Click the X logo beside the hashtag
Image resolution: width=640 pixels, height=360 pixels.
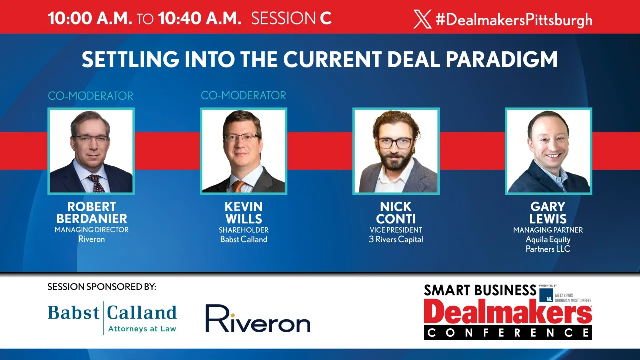422,19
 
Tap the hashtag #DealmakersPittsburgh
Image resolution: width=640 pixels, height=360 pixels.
514,20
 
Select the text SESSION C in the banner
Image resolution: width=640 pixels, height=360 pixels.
291,19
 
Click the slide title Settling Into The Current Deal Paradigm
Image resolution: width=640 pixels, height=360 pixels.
320,60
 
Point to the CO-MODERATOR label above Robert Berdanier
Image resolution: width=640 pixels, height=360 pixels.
91,96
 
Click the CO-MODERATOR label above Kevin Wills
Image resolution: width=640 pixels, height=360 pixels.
243,95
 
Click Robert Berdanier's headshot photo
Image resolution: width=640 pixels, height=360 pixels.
91,151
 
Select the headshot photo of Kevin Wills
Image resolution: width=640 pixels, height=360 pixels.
243,151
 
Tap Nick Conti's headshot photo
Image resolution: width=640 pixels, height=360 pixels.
396,151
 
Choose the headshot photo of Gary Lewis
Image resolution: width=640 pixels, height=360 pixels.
548,151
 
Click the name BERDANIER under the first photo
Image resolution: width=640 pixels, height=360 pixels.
91,219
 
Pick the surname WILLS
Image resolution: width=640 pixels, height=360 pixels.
244,219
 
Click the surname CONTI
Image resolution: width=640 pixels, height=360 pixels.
396,219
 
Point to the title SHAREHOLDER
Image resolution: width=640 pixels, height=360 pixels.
244,230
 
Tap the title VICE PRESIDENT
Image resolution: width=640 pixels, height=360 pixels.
396,230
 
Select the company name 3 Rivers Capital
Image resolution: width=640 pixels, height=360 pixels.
396,239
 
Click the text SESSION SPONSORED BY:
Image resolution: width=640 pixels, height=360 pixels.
102,287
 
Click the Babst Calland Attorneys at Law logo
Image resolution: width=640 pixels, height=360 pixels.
112,318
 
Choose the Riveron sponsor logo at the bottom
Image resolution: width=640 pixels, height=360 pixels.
258,319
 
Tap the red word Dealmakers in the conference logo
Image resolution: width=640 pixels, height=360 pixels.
508,312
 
